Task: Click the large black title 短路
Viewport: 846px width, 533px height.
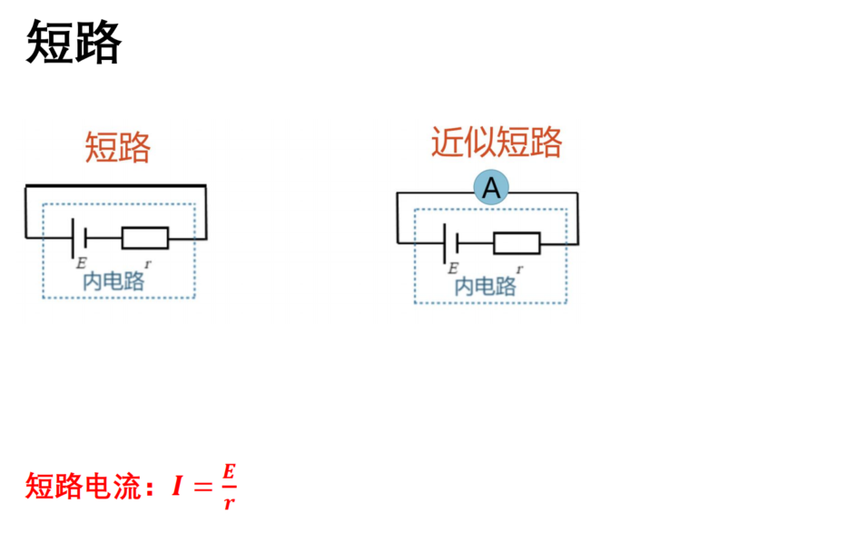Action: (74, 42)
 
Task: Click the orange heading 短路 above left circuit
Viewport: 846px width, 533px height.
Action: (118, 147)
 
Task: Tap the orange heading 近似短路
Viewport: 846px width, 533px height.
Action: (497, 143)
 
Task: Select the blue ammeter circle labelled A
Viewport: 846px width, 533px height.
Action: (491, 187)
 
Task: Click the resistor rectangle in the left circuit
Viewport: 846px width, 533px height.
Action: (145, 238)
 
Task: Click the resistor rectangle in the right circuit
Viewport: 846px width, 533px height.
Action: (516, 243)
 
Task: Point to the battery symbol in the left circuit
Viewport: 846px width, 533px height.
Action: (79, 238)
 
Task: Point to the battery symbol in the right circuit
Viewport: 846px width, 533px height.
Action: (450, 243)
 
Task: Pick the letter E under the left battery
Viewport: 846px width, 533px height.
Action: (81, 262)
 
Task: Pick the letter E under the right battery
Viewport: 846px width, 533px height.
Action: (453, 268)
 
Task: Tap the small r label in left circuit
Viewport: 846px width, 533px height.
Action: (148, 264)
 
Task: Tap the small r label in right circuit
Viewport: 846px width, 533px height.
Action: (519, 269)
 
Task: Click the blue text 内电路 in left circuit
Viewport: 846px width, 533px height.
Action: (113, 281)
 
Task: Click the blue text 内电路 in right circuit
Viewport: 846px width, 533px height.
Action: (485, 286)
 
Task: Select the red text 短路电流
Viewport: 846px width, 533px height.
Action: (84, 486)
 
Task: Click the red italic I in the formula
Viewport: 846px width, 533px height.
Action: (176, 486)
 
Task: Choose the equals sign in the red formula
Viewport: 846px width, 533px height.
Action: (202, 487)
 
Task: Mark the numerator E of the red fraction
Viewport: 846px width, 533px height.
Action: (229, 471)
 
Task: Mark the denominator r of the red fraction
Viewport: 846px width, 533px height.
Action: (230, 503)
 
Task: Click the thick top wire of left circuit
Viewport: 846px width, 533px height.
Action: (115, 186)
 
